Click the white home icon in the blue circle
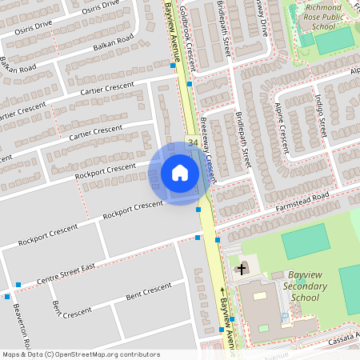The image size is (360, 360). click(179, 173)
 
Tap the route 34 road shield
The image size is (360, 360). click(194, 142)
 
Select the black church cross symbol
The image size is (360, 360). click(242, 270)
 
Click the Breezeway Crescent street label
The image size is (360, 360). click(209, 152)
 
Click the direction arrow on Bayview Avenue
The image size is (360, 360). click(222, 290)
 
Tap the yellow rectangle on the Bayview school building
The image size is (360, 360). click(258, 295)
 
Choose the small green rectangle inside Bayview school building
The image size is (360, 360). click(263, 328)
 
